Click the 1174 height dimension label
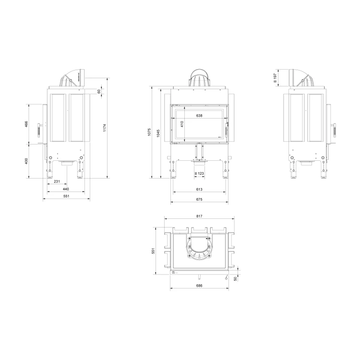pos(105,128)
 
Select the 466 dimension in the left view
pos(26,124)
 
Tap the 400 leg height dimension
pos(26,161)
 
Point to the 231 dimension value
pos(57,181)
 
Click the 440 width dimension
pos(66,189)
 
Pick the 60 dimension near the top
pos(99,91)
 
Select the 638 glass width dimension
pos(199,116)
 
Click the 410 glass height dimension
pos(182,124)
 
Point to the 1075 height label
pos(149,132)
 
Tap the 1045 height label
pos(158,133)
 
